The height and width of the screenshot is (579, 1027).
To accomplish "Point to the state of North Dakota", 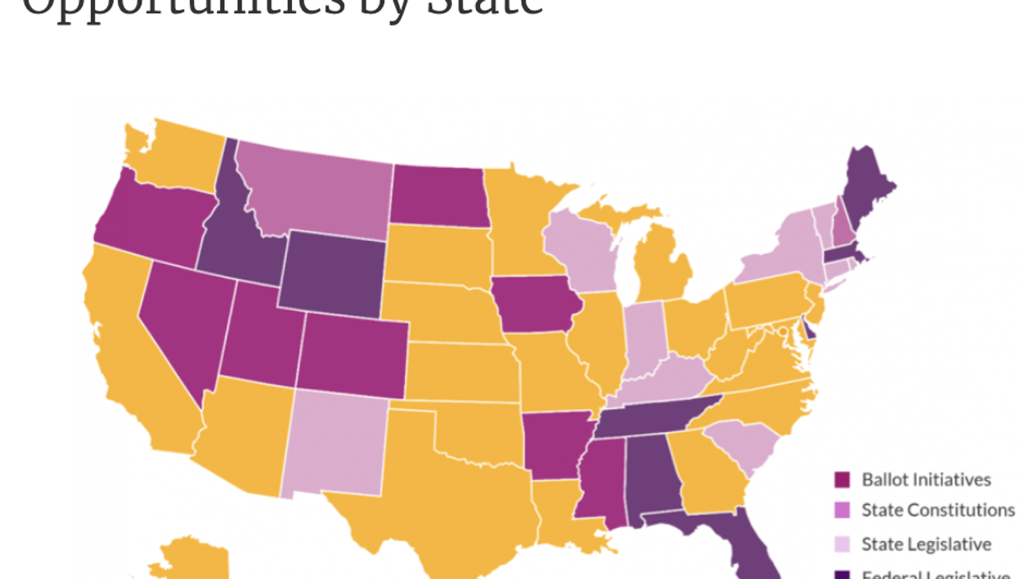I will pyautogui.click(x=437, y=195).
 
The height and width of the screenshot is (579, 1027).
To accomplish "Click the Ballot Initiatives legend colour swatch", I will pyautogui.click(x=842, y=480).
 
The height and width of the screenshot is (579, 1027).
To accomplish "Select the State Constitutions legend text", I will pyautogui.click(x=938, y=511).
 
